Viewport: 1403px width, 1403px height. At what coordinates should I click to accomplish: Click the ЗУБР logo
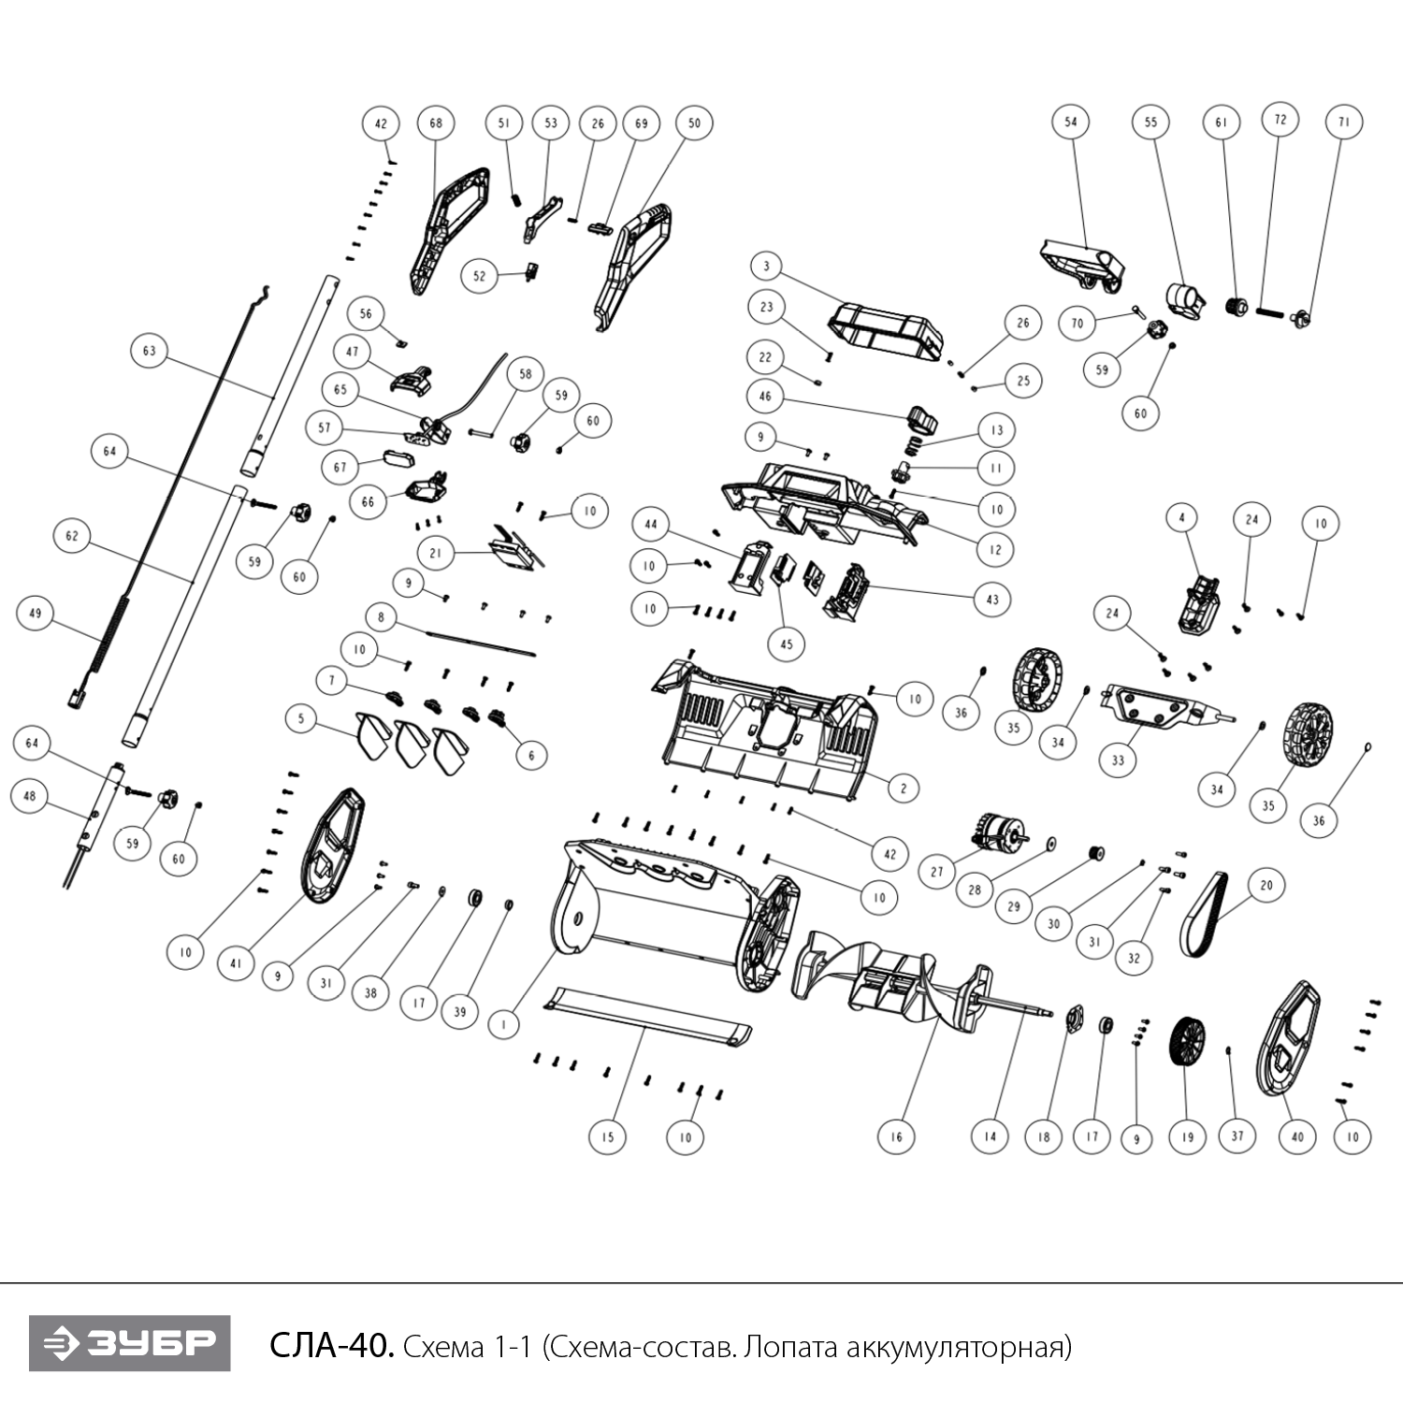tap(129, 1344)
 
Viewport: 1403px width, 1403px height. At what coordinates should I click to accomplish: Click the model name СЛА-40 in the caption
tap(330, 1346)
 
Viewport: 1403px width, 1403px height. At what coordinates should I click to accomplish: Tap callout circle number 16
tap(896, 1136)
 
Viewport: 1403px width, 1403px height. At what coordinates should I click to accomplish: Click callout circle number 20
tap(1266, 885)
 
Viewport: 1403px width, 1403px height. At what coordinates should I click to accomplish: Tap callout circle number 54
tap(1071, 122)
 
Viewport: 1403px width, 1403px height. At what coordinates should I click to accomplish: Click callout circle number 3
tap(766, 267)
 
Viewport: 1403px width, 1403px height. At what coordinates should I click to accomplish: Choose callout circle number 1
tap(504, 1024)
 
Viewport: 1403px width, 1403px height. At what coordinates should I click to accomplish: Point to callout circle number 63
tap(150, 351)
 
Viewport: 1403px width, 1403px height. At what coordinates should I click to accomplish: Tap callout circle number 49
tap(36, 614)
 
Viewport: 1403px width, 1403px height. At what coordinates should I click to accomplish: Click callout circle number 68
tap(436, 123)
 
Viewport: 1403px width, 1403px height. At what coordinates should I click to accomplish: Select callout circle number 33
tap(1118, 759)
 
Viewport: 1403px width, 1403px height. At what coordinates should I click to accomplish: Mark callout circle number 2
tap(903, 788)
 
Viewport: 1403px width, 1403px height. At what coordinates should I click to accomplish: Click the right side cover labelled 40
tap(1289, 1038)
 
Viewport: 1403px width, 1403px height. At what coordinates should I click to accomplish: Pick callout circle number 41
tap(236, 963)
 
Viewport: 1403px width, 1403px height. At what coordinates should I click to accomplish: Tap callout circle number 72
tap(1280, 119)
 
